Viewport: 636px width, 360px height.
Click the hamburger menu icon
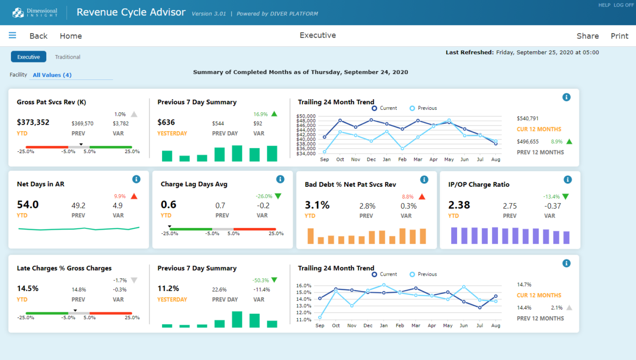[x=12, y=35]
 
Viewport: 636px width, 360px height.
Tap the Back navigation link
[x=38, y=36]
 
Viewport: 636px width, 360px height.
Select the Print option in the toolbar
[x=619, y=36]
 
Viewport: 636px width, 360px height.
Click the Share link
[x=587, y=36]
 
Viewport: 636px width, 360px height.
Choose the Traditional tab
[x=68, y=57]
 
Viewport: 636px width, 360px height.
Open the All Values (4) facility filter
[x=52, y=75]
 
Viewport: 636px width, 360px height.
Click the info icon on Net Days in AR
[x=137, y=179]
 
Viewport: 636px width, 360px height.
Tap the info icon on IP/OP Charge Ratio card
[x=568, y=179]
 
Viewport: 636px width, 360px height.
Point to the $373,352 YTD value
[x=33, y=122]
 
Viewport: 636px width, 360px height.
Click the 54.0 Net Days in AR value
[x=28, y=205]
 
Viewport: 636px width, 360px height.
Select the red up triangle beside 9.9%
[x=134, y=196]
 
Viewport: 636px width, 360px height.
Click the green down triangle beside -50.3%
[x=274, y=280]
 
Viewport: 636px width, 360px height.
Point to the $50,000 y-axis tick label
[x=306, y=116]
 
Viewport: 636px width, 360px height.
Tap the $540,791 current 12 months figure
[x=528, y=119]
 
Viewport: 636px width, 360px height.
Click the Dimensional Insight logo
[x=35, y=12]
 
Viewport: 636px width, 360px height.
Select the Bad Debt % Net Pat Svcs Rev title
[x=350, y=184]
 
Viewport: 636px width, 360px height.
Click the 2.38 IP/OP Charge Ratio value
[x=459, y=205]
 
